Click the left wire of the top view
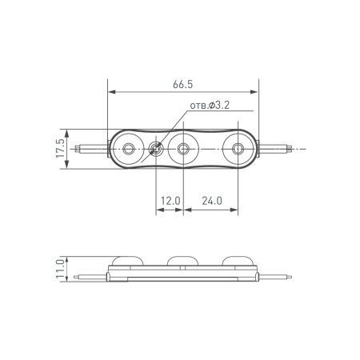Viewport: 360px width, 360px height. (x=88, y=148)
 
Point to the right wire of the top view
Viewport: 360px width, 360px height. (x=280, y=148)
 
